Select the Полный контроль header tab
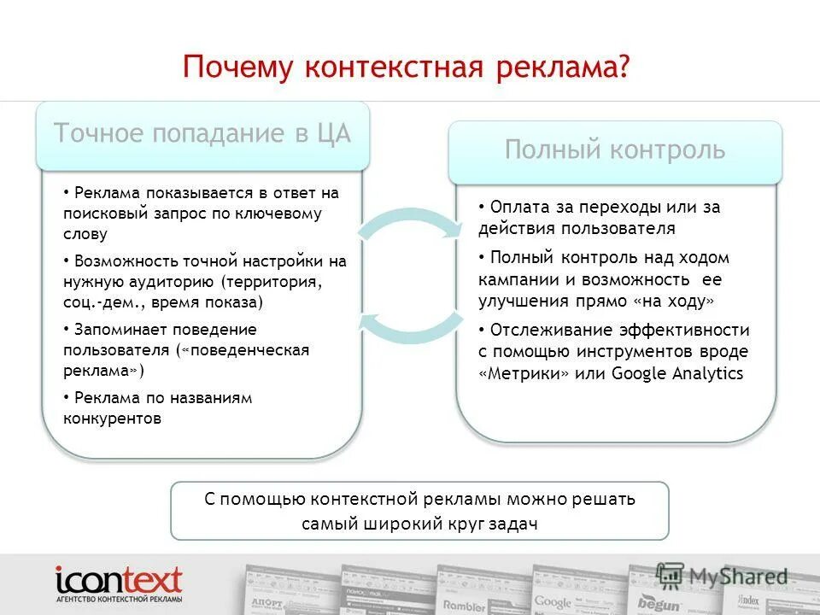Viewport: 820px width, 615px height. (x=615, y=150)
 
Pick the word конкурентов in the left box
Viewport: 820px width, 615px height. (x=112, y=419)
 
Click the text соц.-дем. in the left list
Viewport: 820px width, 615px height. (x=96, y=302)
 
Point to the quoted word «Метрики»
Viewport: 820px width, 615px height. (x=524, y=373)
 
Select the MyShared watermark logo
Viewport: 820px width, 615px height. (x=722, y=577)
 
